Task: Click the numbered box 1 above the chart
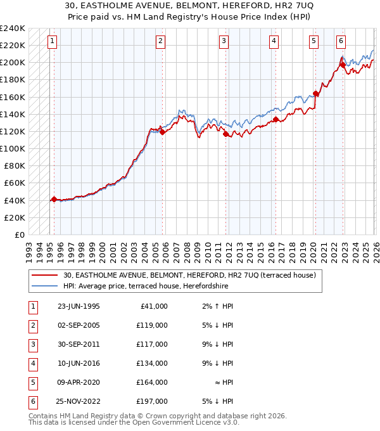tap(51, 41)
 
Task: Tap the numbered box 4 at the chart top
tap(274, 41)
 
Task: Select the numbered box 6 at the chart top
tap(341, 41)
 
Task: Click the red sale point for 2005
tap(162, 132)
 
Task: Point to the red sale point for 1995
tap(54, 199)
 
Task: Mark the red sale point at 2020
tap(315, 94)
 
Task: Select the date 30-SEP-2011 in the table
tap(79, 344)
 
